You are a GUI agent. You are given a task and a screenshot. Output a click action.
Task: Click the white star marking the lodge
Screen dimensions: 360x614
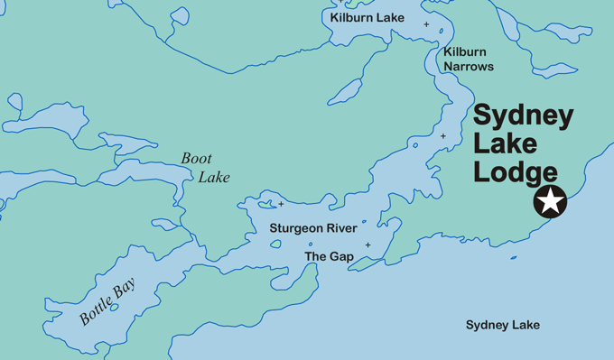(x=549, y=202)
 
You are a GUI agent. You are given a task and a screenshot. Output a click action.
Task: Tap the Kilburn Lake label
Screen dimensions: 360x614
(x=367, y=18)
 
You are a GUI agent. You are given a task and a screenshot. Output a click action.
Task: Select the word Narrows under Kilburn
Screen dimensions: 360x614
(x=469, y=66)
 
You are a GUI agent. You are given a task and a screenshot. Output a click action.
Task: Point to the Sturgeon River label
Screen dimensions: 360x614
(x=312, y=229)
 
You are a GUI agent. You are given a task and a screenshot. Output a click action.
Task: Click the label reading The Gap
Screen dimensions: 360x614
(x=329, y=257)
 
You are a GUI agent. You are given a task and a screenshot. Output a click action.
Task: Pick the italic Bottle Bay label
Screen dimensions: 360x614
(x=107, y=304)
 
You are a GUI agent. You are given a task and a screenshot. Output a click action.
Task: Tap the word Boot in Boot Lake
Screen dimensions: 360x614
(x=197, y=159)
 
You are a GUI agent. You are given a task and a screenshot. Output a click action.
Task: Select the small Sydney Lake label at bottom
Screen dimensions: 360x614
(x=502, y=325)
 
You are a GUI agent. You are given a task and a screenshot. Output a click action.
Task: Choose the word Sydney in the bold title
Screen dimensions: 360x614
(x=524, y=116)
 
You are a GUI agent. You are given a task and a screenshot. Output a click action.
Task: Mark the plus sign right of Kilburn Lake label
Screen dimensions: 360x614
(x=426, y=24)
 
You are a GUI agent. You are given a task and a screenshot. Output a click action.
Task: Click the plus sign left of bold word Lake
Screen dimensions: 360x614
(x=442, y=136)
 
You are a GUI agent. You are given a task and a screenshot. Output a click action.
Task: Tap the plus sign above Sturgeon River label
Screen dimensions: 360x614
(x=281, y=204)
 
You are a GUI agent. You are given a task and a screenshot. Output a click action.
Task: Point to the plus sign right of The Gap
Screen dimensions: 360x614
(x=367, y=245)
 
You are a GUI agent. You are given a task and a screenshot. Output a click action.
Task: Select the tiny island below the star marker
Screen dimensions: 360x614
(x=513, y=258)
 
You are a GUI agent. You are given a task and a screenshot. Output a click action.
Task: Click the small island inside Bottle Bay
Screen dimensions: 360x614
(x=114, y=282)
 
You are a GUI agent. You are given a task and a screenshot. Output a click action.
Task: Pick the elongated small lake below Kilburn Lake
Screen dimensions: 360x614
(x=346, y=88)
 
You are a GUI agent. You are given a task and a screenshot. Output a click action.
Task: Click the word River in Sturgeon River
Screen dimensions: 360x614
(x=340, y=229)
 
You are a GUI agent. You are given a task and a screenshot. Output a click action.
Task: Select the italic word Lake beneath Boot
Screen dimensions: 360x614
(x=215, y=177)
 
